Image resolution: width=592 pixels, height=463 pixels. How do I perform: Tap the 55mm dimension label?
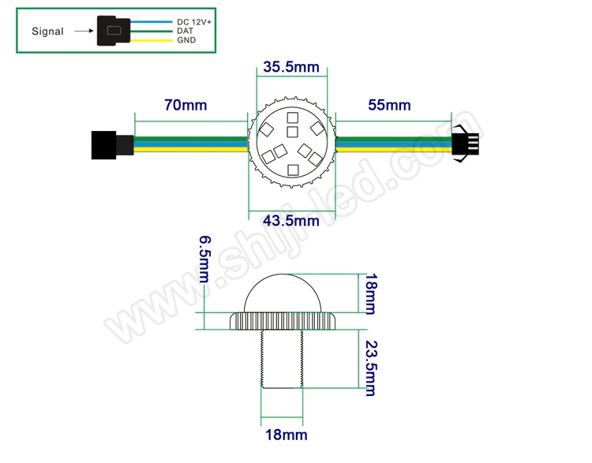pos(389,105)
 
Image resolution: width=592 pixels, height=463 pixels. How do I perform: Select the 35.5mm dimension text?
pos(291,67)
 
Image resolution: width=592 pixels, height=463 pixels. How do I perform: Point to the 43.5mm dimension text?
pos(291,220)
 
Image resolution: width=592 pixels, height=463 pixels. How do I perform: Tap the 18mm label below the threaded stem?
pos(283,435)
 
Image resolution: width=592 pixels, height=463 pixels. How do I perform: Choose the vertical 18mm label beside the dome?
pos(371,293)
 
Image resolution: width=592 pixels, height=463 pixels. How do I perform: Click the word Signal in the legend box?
pos(47,32)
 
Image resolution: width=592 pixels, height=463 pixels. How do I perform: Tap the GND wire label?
pos(187,39)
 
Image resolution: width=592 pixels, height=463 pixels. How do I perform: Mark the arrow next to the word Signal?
pos(81,32)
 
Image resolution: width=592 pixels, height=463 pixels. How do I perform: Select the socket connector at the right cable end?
pos(465,145)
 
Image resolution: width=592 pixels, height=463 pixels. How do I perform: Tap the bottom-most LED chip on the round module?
pos(293,169)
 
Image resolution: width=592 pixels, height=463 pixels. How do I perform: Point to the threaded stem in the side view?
pos(282,359)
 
